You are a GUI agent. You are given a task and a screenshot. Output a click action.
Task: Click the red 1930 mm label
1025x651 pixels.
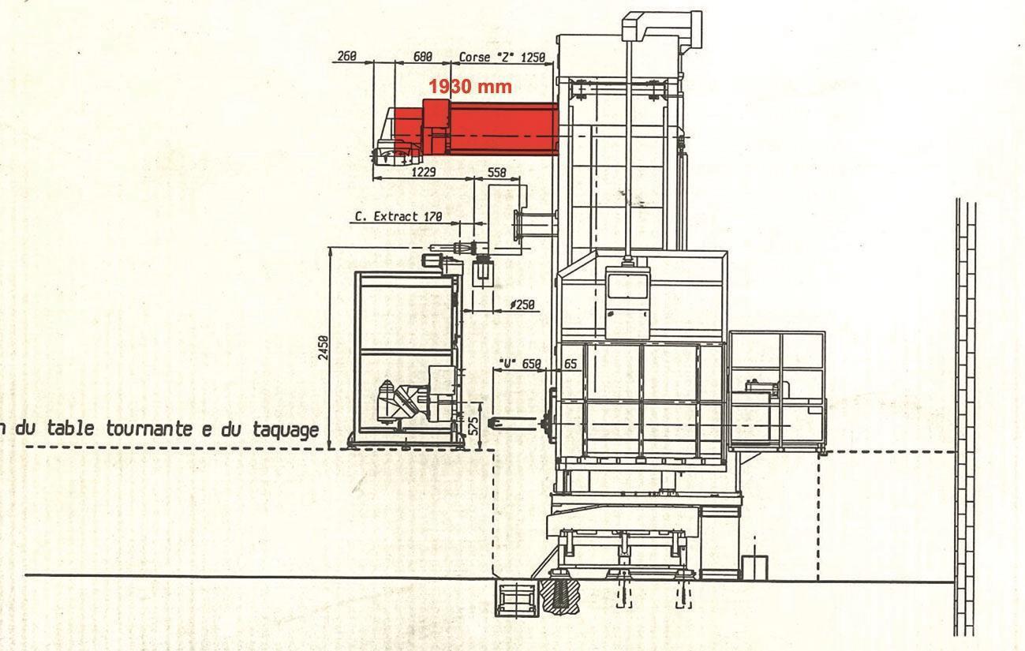(x=469, y=87)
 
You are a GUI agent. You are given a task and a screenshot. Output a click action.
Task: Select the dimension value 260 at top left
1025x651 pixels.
(x=346, y=57)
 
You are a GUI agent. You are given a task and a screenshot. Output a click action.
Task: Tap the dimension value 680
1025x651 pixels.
(x=423, y=57)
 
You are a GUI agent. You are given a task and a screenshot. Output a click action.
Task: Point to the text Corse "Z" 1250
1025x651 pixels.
(x=502, y=57)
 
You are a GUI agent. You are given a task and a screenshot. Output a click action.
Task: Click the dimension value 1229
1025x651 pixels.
(x=425, y=171)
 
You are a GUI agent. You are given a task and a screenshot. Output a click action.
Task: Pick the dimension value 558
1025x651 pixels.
(x=496, y=172)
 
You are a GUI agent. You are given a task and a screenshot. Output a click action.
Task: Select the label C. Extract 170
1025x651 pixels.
(x=398, y=215)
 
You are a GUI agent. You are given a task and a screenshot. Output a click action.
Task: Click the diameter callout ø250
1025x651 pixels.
(x=522, y=305)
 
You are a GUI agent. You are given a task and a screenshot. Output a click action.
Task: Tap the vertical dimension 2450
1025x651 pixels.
(x=323, y=347)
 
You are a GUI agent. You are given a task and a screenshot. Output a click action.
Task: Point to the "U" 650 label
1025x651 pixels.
(x=520, y=365)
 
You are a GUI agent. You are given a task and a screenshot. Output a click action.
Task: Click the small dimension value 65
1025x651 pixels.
(x=570, y=365)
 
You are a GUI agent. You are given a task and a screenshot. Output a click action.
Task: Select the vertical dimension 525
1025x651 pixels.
(x=473, y=426)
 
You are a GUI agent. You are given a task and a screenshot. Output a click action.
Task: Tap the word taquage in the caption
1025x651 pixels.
(x=286, y=430)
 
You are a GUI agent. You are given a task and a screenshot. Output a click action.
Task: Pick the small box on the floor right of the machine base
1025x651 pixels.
(x=754, y=567)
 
